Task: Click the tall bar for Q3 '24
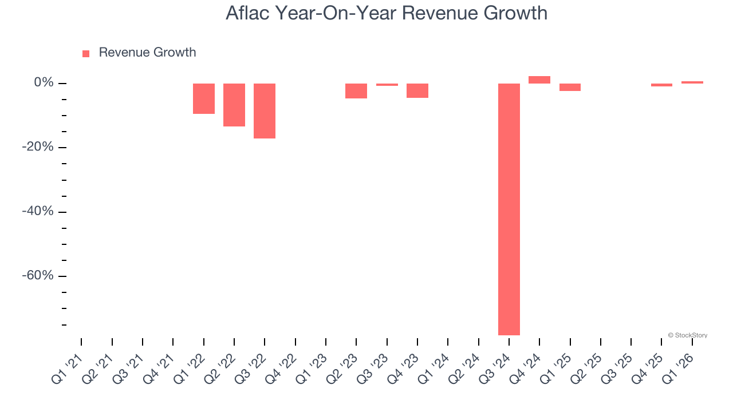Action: [509, 209]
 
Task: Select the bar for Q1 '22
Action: [203, 98]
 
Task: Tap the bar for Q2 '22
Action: [234, 105]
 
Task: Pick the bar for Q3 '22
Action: [265, 111]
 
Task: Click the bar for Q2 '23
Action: [356, 91]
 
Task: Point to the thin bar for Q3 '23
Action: [387, 85]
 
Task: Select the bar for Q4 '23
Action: [417, 90]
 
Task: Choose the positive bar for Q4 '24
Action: [539, 80]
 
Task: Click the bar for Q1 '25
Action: [570, 87]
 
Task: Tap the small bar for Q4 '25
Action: [661, 85]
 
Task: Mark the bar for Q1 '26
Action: [692, 82]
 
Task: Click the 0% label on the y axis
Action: [44, 83]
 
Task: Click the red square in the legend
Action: [86, 54]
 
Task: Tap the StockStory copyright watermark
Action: [687, 335]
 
